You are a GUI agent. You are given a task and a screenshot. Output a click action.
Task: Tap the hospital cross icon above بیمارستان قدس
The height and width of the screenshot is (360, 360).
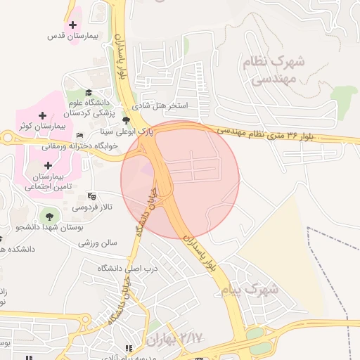pyautogui.click(x=73, y=25)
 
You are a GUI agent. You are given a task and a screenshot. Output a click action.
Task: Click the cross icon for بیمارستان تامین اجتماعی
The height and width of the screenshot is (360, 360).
pyautogui.click(x=49, y=165)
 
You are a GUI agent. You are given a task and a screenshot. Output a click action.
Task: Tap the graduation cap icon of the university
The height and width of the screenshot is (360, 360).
pyautogui.click(x=89, y=93)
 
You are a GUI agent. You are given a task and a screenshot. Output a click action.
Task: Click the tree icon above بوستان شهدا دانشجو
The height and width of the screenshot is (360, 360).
pyautogui.click(x=49, y=214)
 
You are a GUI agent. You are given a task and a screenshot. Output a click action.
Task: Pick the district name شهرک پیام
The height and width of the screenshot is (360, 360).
pyautogui.click(x=250, y=289)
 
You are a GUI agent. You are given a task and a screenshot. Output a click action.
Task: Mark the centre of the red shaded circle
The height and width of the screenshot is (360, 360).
pyautogui.click(x=180, y=179)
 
